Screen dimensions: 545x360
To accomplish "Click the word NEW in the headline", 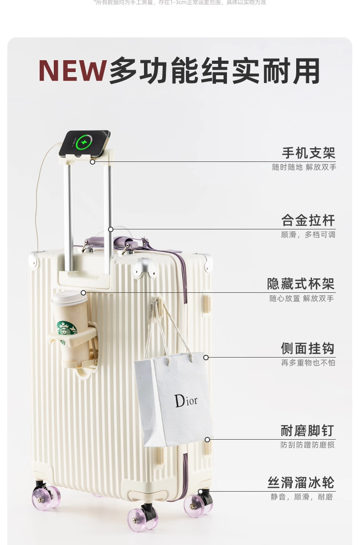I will pyautogui.click(x=72, y=71).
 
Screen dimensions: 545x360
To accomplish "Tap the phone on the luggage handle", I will pyautogui.click(x=85, y=143).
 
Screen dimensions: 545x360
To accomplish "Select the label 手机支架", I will pyautogui.click(x=308, y=153).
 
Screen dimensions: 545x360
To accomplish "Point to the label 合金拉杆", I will pyautogui.click(x=308, y=221).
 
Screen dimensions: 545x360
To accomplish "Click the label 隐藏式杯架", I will pyautogui.click(x=301, y=284).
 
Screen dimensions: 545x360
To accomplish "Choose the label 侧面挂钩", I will pyautogui.click(x=308, y=349).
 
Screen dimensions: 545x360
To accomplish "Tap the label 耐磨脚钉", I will pyautogui.click(x=308, y=431).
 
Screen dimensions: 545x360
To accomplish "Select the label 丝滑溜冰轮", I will pyautogui.click(x=301, y=483).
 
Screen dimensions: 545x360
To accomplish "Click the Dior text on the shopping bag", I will pyautogui.click(x=186, y=400).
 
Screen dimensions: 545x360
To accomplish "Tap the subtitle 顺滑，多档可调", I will pyautogui.click(x=308, y=235).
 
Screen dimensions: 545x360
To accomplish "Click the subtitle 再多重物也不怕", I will pyautogui.click(x=308, y=363).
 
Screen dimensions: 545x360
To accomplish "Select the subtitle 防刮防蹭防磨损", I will pyautogui.click(x=308, y=445).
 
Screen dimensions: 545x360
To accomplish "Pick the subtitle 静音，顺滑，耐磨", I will pyautogui.click(x=302, y=497).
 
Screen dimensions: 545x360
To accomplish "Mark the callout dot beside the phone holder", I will pyautogui.click(x=93, y=161).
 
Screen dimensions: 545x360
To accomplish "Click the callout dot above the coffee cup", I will pyautogui.click(x=83, y=292).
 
